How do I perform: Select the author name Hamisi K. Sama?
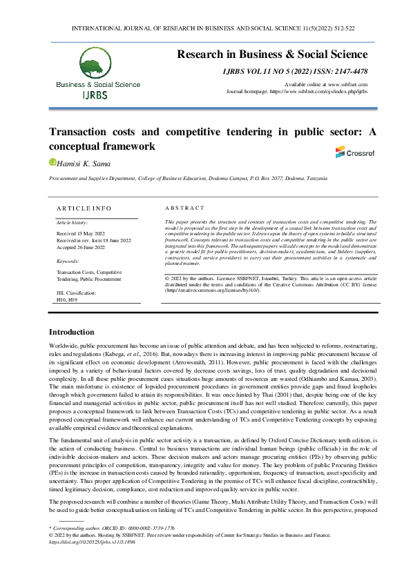(x=81, y=162)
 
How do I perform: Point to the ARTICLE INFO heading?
(x=84, y=208)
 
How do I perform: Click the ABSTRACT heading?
(x=184, y=208)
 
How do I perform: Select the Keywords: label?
(x=68, y=262)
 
